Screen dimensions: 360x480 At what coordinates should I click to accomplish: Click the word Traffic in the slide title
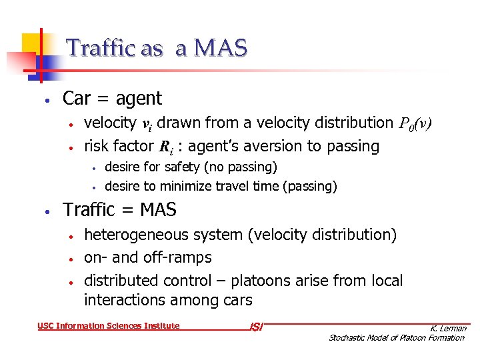[92, 48]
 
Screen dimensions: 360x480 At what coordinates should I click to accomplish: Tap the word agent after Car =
[139, 99]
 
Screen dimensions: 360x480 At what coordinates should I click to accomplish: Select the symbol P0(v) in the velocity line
[416, 123]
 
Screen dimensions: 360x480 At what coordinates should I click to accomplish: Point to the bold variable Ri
[165, 147]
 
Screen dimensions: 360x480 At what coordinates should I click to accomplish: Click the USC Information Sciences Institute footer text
[109, 326]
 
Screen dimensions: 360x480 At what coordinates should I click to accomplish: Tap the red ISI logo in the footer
[256, 327]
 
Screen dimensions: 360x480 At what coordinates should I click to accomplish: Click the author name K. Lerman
[448, 328]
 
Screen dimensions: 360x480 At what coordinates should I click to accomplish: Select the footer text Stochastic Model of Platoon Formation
[397, 338]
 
